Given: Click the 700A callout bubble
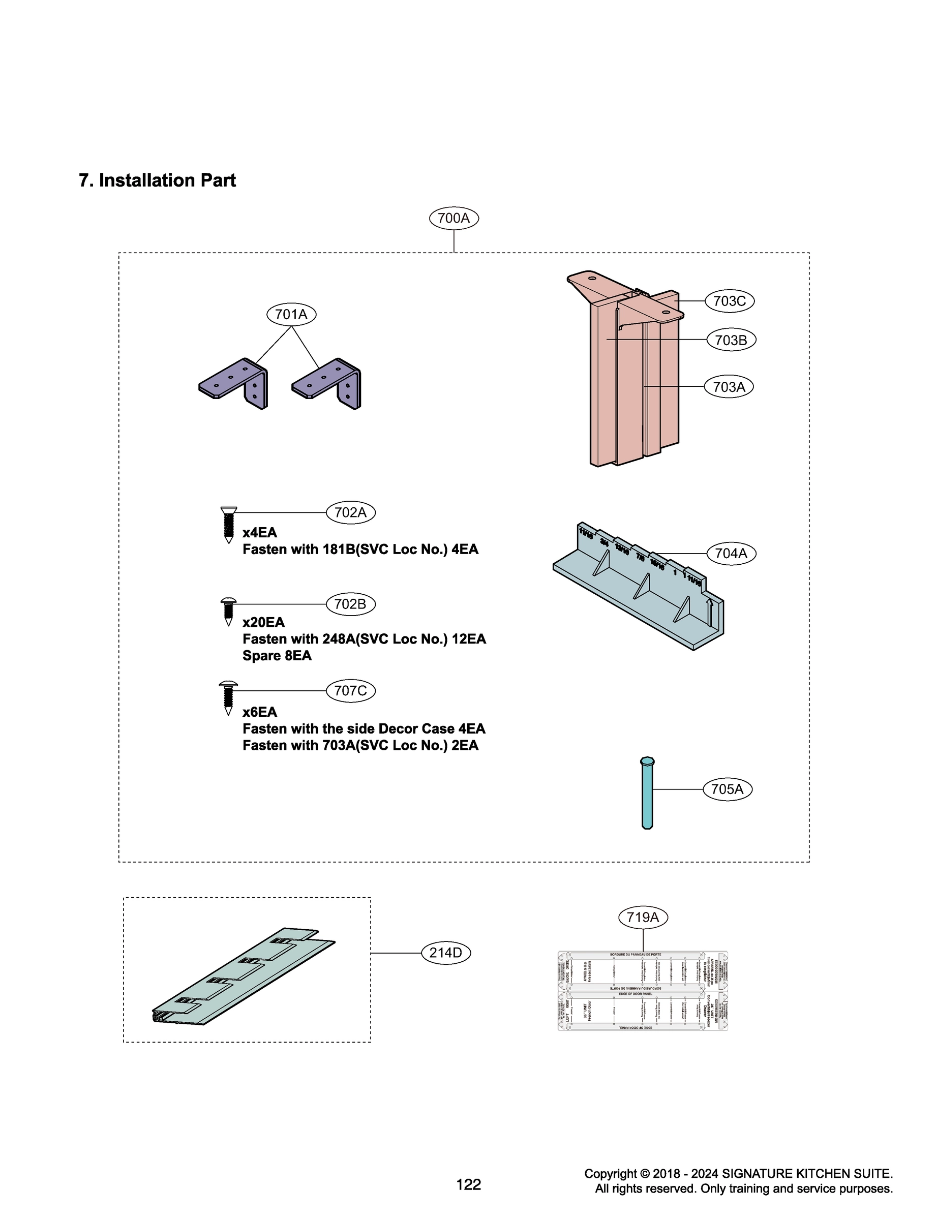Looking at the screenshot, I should pos(454,218).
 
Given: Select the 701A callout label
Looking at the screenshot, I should pos(291,315).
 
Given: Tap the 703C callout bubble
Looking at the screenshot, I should pos(730,301).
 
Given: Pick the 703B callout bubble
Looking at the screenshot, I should pos(731,340).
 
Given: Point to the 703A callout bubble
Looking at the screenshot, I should pos(729,387).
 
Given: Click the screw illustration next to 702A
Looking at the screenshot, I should pos(228,524).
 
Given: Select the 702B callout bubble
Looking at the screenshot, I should pos(350,604).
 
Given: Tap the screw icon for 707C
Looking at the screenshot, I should pos(228,697).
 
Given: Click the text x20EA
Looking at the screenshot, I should pos(263,622).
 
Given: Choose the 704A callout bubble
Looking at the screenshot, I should pos(731,554).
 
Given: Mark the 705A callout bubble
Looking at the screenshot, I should pos(728,789).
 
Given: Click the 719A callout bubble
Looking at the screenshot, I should pos(643,917).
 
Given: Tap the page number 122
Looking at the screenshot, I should pos(469,1184).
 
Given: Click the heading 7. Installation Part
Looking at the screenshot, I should pos(157,180).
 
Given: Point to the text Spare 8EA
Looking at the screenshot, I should pos(277,656).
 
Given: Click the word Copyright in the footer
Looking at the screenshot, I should pos(610,1174).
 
